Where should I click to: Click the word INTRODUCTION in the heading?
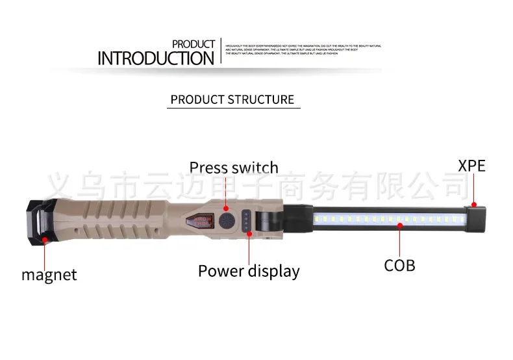click(156, 58)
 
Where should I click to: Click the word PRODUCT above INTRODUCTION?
click(194, 44)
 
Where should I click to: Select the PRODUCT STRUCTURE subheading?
click(232, 99)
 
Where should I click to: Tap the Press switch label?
click(233, 168)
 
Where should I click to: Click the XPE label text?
click(471, 165)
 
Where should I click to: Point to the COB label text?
click(399, 264)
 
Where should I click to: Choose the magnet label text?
click(49, 274)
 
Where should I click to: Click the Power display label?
click(249, 271)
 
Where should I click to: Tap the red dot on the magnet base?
click(45, 240)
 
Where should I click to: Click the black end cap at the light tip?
click(478, 217)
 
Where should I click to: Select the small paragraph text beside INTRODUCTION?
click(303, 50)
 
